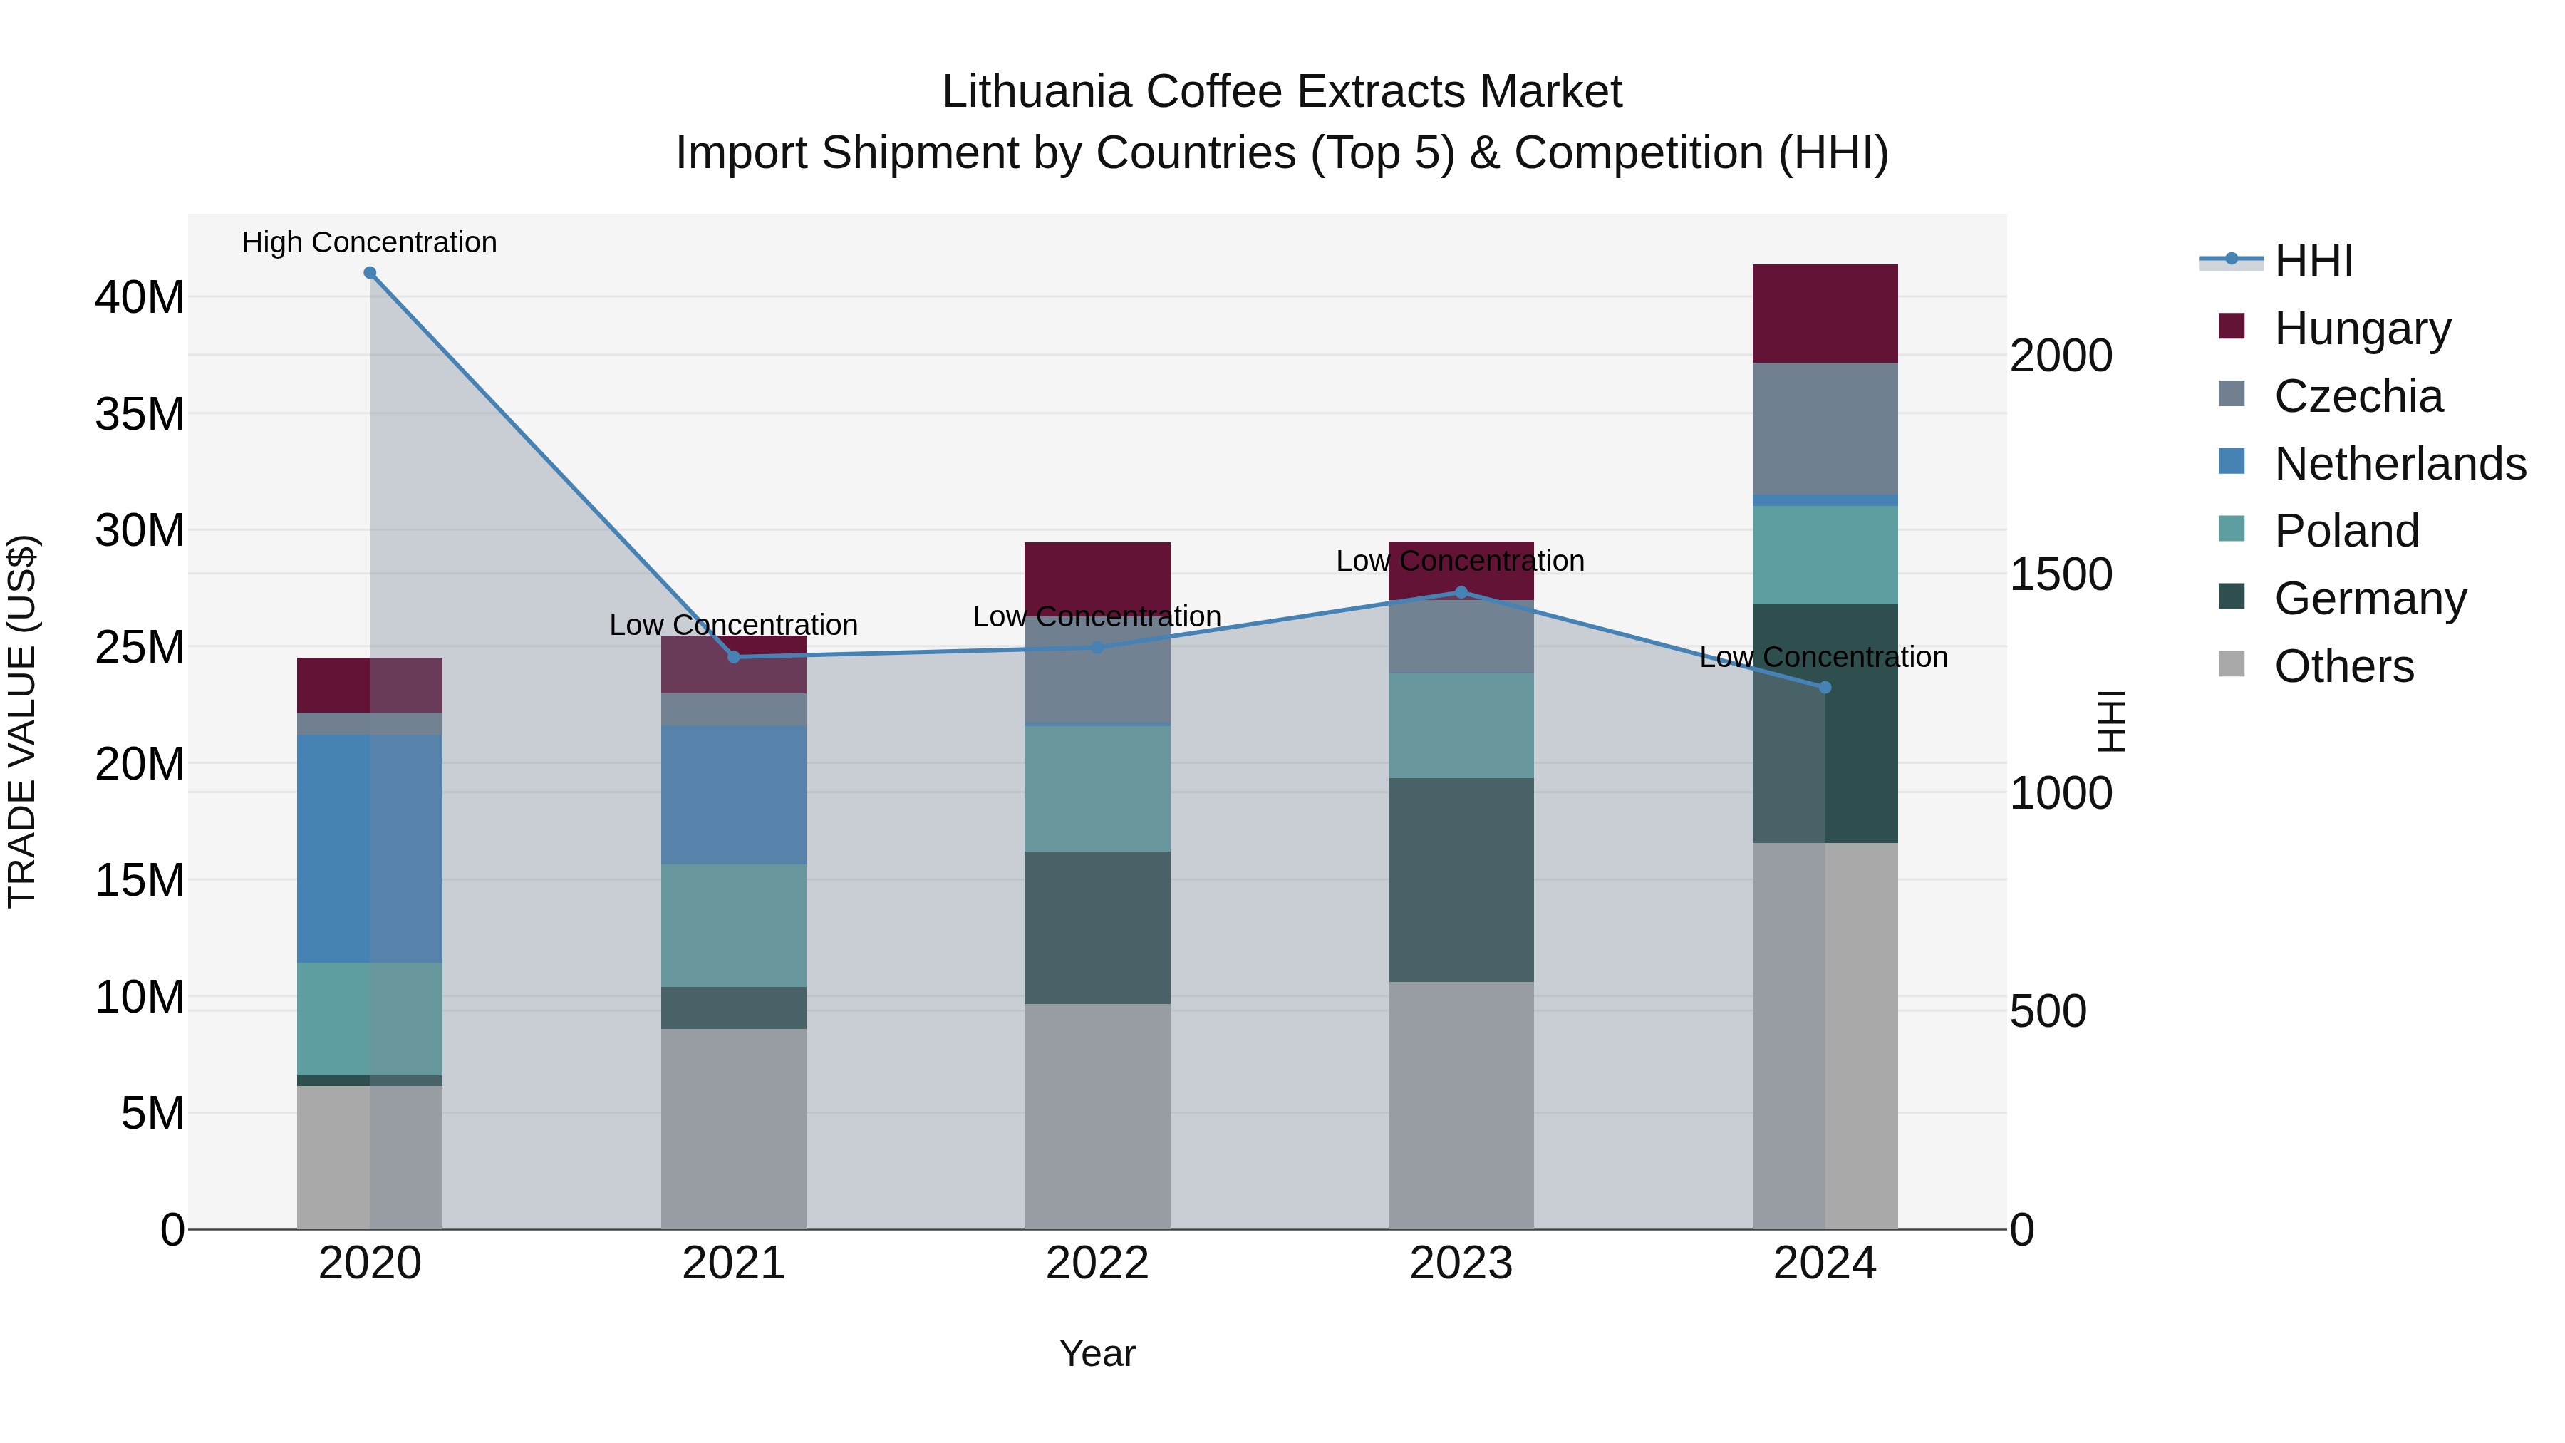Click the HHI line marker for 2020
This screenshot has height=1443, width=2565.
coord(369,273)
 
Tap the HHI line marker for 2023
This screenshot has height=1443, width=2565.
coord(1461,593)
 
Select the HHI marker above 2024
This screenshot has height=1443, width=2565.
coord(1824,687)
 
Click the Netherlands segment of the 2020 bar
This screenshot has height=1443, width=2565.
coord(369,849)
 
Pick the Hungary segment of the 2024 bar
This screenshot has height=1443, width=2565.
coord(1824,314)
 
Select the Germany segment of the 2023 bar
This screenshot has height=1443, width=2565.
coord(1461,879)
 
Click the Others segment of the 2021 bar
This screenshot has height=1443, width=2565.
coord(733,1128)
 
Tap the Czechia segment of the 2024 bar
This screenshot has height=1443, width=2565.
coord(1824,428)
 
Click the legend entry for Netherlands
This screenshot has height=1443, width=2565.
coord(2400,464)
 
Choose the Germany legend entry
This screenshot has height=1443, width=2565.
coord(2370,599)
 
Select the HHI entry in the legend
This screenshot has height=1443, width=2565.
coord(2313,261)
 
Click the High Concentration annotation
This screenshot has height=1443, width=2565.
coord(369,242)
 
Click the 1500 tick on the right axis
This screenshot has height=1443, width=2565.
coord(2060,574)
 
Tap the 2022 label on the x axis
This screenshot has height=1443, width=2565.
coord(1097,1263)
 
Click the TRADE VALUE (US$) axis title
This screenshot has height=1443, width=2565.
coord(22,721)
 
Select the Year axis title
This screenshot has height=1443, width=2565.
coord(1097,1353)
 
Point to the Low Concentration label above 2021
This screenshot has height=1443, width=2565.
coord(733,626)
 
